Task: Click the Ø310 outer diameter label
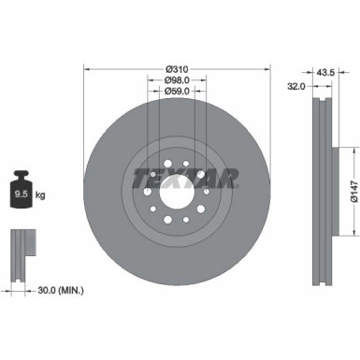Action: (x=178, y=68)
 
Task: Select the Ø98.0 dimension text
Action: (x=178, y=79)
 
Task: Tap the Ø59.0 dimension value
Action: (x=178, y=91)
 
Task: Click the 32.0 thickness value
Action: (x=295, y=85)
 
